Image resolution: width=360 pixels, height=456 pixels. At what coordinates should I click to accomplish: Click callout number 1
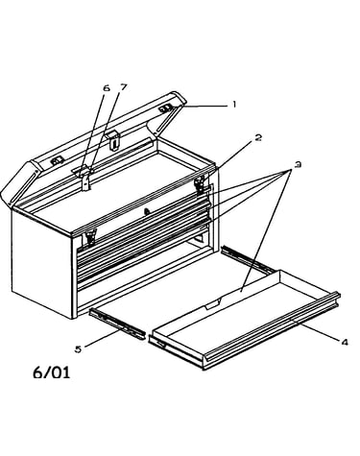tap(234, 105)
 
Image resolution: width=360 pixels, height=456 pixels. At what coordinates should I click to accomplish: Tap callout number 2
tap(258, 137)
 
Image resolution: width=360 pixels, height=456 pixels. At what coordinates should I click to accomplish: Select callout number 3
tap(298, 165)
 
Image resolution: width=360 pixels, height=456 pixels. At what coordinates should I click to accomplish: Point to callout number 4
tap(345, 343)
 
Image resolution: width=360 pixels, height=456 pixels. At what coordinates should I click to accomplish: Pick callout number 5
tap(78, 349)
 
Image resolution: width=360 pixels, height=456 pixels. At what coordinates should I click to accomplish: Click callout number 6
tap(107, 88)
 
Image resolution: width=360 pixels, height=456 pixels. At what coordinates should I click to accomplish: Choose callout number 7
tap(123, 86)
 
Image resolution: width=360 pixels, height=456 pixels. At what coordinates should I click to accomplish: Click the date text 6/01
tap(52, 372)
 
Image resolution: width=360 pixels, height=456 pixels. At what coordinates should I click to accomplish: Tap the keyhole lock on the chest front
tap(147, 211)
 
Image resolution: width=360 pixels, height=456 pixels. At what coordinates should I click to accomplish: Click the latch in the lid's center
tap(113, 140)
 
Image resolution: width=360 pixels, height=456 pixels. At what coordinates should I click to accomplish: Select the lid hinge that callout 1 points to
tap(166, 109)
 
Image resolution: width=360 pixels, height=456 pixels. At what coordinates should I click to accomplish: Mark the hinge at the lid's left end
tap(57, 161)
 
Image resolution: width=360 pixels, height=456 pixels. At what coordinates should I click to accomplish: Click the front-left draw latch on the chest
tap(89, 238)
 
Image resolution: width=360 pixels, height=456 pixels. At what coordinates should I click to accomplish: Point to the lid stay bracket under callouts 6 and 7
tap(84, 178)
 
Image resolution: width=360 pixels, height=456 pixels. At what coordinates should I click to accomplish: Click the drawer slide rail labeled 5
tap(117, 324)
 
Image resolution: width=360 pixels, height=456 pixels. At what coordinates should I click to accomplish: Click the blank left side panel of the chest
tap(42, 262)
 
